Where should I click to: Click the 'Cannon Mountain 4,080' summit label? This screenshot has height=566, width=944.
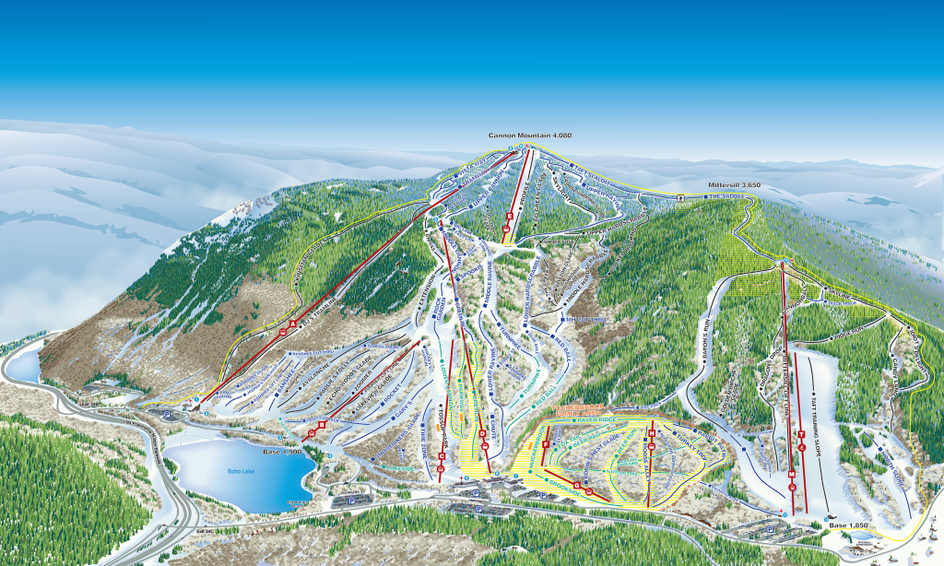point(530,136)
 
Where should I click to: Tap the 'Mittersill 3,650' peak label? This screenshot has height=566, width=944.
point(734,184)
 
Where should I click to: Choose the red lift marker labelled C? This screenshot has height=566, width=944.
point(442,456)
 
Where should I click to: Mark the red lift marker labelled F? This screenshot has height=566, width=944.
point(546,445)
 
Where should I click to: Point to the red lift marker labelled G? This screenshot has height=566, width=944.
point(577,484)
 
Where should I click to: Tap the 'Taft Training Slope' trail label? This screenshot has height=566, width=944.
point(816,396)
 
